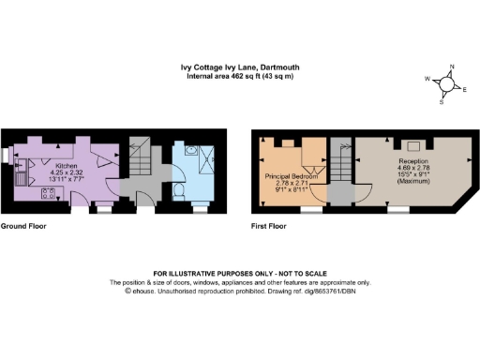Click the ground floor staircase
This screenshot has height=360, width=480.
point(140,162)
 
